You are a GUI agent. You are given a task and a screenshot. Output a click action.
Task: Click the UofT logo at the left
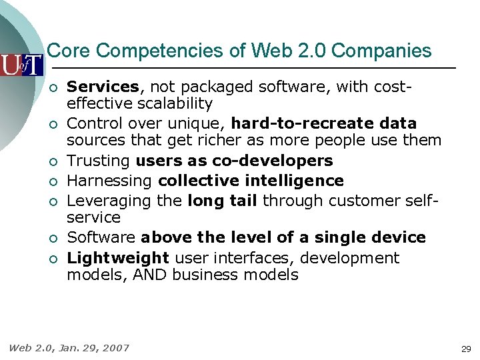point(21,64)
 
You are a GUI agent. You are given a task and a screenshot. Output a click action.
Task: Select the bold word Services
point(103,87)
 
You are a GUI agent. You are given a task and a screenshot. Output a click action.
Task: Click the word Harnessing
point(111,181)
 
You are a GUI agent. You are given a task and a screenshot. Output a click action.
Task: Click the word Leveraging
point(109,201)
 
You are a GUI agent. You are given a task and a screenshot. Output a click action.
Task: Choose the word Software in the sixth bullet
point(101,237)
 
